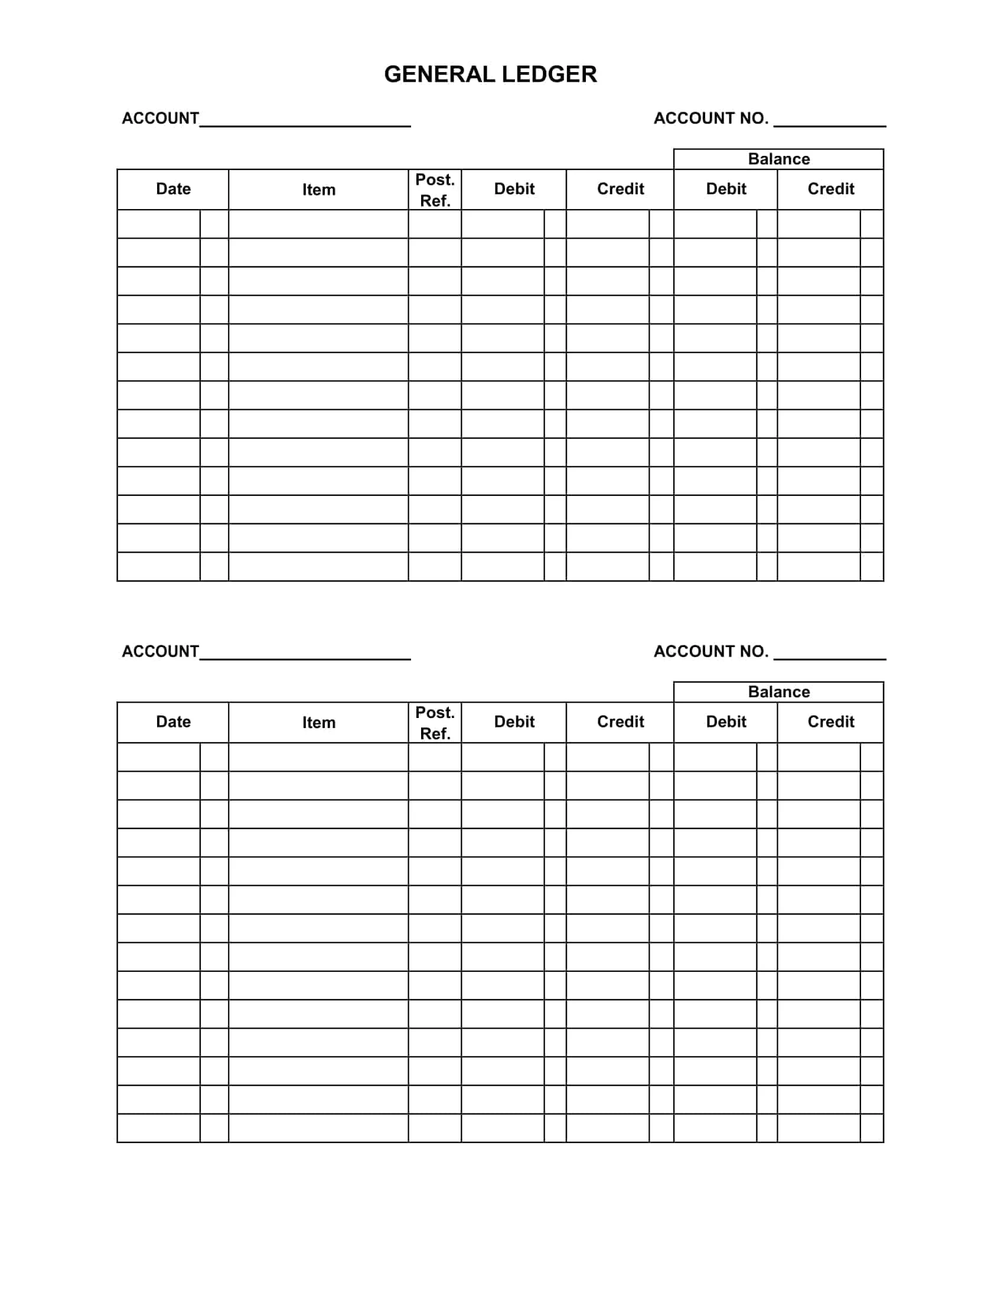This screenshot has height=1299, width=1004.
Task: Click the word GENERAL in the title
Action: [x=439, y=74]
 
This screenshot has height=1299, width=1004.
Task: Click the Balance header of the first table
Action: [x=778, y=159]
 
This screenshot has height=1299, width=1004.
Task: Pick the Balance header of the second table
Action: [x=778, y=692]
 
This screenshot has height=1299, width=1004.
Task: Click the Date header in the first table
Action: [x=173, y=189]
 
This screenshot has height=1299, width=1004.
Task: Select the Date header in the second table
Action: [x=173, y=722]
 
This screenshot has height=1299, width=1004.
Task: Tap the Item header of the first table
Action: [x=318, y=190]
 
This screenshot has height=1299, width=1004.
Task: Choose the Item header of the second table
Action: [x=318, y=723]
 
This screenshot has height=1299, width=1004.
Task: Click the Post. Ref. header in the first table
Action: [x=435, y=190]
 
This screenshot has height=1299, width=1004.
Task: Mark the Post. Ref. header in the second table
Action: [x=435, y=723]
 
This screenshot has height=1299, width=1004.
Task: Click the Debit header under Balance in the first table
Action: [x=726, y=189]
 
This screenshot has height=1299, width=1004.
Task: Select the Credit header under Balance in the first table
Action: [x=830, y=189]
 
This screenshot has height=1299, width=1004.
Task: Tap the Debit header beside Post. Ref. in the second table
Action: [x=514, y=722]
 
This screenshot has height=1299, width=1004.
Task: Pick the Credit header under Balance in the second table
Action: [x=830, y=722]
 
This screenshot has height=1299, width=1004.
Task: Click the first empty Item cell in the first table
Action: [x=318, y=224]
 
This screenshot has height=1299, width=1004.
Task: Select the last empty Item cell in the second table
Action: [x=318, y=1128]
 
